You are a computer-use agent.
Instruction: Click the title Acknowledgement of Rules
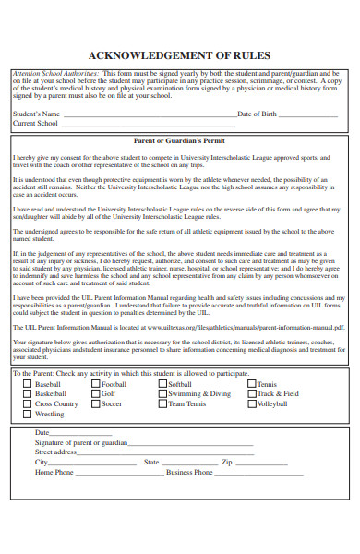pos(180,55)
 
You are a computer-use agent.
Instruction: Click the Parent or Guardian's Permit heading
pos(180,141)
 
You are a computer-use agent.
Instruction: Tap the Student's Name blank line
pos(148,114)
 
